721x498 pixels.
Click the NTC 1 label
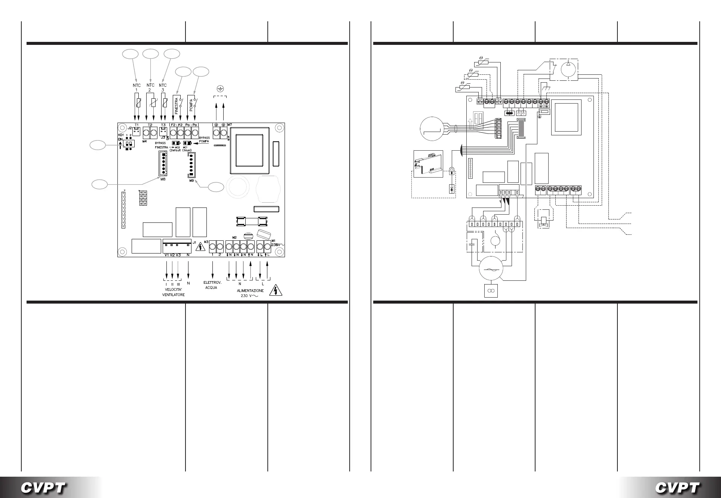pos(136,87)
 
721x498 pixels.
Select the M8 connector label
pos(163,179)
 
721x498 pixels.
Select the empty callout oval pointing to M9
pos(216,187)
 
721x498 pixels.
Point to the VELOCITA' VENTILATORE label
pos(173,292)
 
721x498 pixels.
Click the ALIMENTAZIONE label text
pos(250,290)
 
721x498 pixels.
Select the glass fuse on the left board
pos(251,222)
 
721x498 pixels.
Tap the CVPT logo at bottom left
pos(44,488)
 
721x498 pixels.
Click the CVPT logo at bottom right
pos(677,488)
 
